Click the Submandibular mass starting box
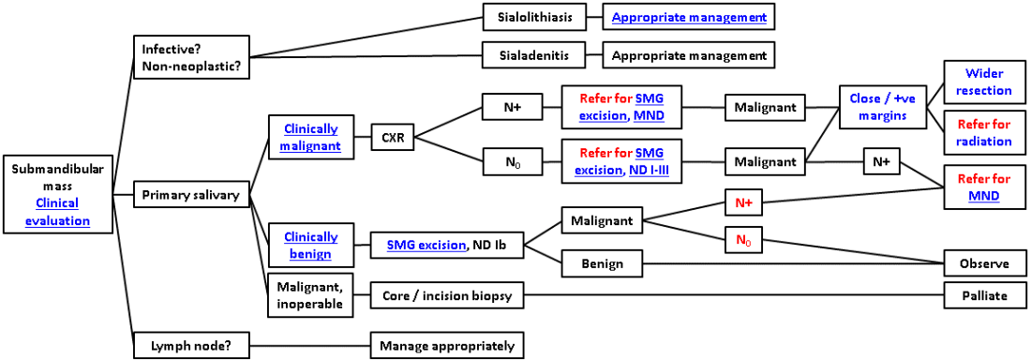[58, 195]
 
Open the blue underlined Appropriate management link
[689, 17]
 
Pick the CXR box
[393, 139]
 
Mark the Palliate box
[983, 295]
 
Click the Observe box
[983, 263]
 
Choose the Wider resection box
[983, 82]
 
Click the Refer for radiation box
[983, 133]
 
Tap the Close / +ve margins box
[877, 106]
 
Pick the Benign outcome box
[601, 263]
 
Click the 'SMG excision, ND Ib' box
[447, 246]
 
